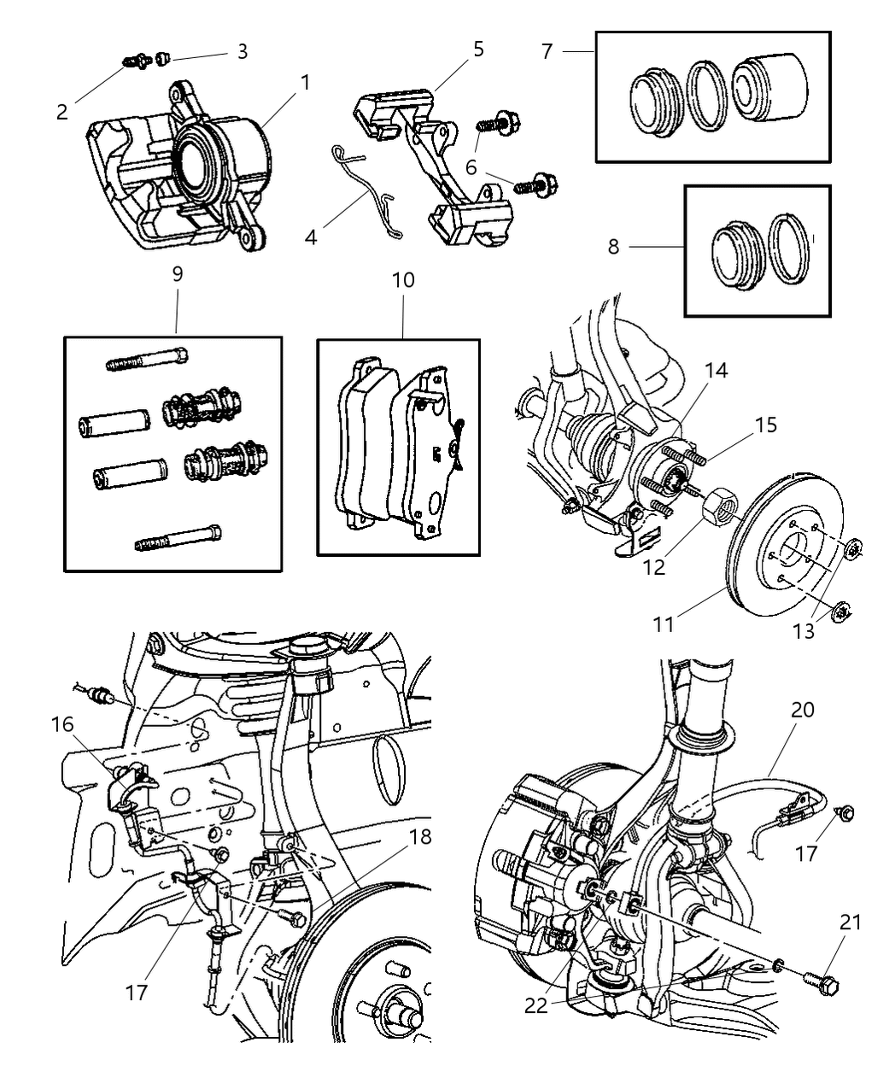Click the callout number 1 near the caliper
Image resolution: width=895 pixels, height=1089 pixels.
click(x=305, y=82)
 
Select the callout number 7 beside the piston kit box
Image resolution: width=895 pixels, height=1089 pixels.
click(x=547, y=51)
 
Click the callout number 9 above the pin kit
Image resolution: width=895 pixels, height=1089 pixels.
click(x=177, y=274)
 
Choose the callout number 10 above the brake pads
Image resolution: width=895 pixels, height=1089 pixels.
click(x=403, y=279)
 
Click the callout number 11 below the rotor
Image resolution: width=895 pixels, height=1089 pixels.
click(x=663, y=624)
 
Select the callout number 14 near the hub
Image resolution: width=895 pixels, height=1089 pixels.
click(x=693, y=371)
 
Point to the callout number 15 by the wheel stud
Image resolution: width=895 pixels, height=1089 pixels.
click(x=765, y=424)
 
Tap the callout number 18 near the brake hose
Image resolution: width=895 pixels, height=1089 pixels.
click(x=420, y=837)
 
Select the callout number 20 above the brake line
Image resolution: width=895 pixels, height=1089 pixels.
click(x=803, y=710)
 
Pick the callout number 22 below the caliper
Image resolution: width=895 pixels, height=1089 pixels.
click(x=535, y=1005)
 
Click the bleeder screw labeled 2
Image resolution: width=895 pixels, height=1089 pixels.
click(x=136, y=61)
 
